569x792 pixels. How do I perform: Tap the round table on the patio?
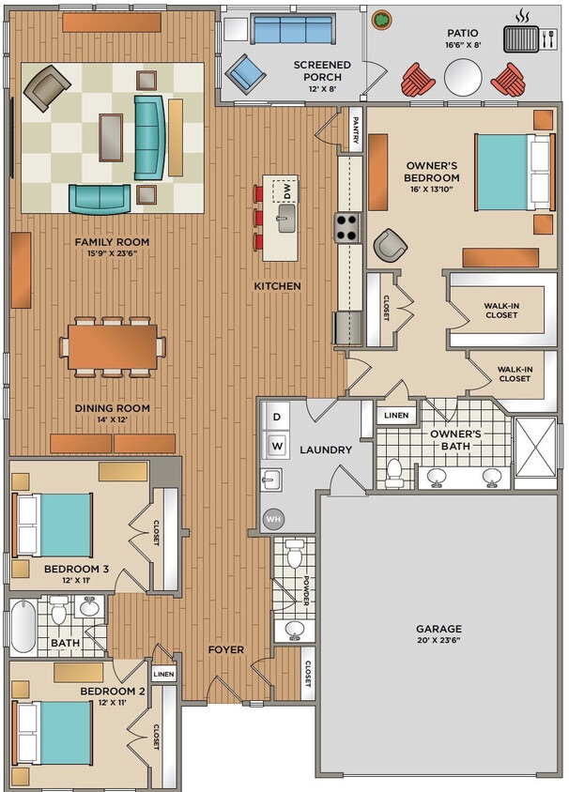pyautogui.click(x=462, y=78)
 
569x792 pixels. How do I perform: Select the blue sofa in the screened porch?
pyautogui.click(x=293, y=30)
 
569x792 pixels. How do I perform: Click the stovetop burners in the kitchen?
pyautogui.click(x=346, y=226)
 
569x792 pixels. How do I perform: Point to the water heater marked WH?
pyautogui.click(x=273, y=517)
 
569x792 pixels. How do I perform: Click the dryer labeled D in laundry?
pyautogui.click(x=277, y=417)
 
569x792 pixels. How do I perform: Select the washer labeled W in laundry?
pyautogui.click(x=277, y=444)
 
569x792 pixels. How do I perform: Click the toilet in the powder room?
pyautogui.click(x=294, y=556)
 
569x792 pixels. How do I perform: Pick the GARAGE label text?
pyautogui.click(x=438, y=629)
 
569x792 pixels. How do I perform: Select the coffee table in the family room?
pyautogui.click(x=111, y=137)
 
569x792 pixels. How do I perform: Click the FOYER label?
pyautogui.click(x=225, y=649)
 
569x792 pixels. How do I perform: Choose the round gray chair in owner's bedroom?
pyautogui.click(x=389, y=246)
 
